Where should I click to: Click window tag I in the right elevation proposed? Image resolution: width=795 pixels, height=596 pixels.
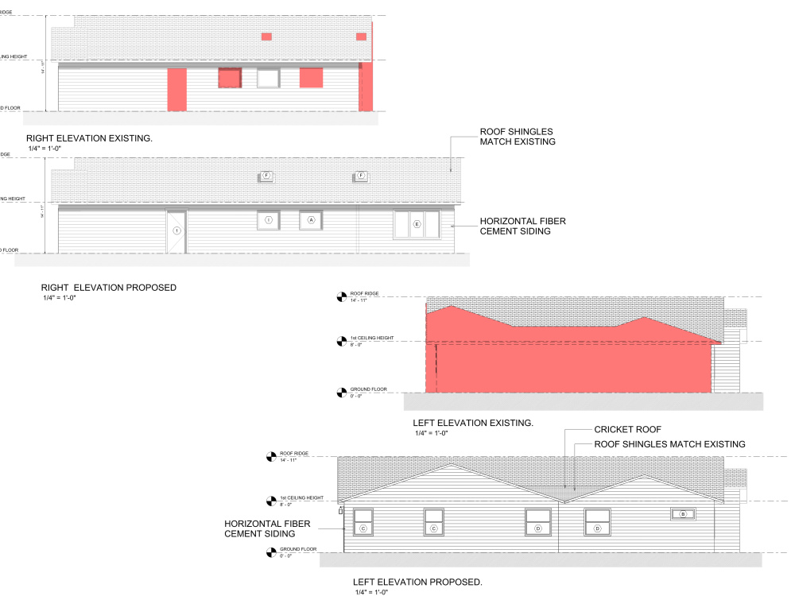tap(269, 220)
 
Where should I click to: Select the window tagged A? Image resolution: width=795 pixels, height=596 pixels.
tap(311, 220)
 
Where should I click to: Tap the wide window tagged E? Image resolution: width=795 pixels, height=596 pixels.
tap(417, 224)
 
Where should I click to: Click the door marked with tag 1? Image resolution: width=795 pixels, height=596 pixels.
tap(176, 231)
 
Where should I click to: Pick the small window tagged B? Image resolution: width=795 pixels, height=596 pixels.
tap(682, 514)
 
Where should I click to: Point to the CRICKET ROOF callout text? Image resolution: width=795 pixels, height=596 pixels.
tap(628, 429)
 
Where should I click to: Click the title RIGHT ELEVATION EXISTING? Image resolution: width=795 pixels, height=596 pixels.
tap(89, 138)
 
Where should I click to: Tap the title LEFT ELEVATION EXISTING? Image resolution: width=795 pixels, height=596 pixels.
tap(473, 424)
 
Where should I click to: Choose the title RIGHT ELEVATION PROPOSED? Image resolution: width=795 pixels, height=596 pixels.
tap(108, 288)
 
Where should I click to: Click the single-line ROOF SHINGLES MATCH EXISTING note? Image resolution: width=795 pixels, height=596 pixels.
tap(669, 444)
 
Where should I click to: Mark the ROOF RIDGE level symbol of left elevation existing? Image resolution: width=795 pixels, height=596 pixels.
tap(343, 297)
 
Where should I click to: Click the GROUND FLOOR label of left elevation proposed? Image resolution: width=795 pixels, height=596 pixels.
tap(298, 549)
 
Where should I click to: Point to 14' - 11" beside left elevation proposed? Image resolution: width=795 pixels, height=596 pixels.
tap(288, 460)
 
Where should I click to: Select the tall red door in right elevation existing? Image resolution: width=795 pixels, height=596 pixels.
tap(176, 89)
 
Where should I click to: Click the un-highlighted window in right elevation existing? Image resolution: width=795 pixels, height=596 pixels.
tap(268, 78)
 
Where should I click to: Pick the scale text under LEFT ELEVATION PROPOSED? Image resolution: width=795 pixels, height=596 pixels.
tap(370, 593)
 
